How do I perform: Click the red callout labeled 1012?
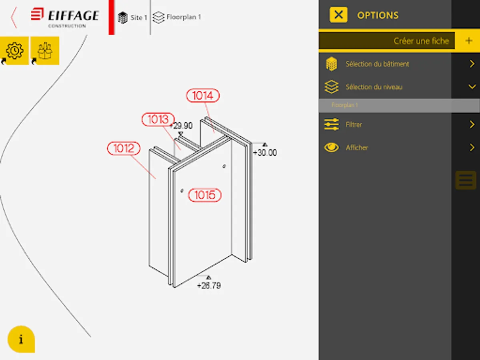click(124, 148)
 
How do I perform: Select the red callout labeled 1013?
click(158, 119)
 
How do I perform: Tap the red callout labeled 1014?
click(203, 96)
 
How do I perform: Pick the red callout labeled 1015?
click(205, 195)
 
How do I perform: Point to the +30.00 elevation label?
click(265, 152)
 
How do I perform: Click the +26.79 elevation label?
click(209, 286)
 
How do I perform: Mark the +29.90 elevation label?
click(181, 126)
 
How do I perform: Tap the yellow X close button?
click(338, 15)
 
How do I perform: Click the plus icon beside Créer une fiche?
click(469, 41)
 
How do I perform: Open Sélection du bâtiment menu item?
click(377, 64)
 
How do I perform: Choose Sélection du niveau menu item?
click(374, 87)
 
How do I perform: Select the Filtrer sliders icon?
click(332, 124)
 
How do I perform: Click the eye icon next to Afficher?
click(332, 148)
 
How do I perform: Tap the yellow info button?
click(21, 339)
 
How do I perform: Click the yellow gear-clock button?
click(14, 50)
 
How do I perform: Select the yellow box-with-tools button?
click(45, 50)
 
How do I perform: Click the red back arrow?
click(14, 18)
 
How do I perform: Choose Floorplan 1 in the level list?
click(345, 105)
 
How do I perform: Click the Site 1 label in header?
click(139, 18)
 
